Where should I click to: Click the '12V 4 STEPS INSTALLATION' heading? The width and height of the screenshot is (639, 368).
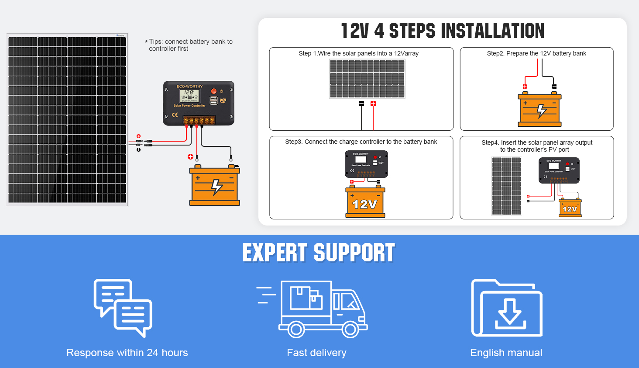(x=442, y=31)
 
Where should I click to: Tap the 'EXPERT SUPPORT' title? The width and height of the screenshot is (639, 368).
(x=319, y=253)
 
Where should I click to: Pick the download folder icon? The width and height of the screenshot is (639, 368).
(x=507, y=308)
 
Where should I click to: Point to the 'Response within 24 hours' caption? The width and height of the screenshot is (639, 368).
(x=127, y=353)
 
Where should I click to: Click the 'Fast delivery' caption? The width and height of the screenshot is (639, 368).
(x=316, y=353)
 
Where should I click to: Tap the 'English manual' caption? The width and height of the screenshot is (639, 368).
(x=506, y=353)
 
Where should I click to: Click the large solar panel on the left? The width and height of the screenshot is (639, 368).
(x=67, y=120)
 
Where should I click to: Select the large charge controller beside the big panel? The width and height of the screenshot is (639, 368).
(x=199, y=103)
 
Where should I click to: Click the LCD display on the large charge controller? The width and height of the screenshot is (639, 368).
(x=189, y=95)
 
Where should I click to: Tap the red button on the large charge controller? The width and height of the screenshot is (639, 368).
(x=214, y=91)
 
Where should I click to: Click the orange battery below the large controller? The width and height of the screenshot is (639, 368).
(x=214, y=187)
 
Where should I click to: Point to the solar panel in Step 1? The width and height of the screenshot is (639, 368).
(x=367, y=79)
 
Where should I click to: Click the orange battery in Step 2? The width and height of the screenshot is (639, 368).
(x=539, y=111)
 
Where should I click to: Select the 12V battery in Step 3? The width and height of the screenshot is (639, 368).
(x=365, y=203)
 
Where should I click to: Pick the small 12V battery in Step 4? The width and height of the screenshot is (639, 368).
(x=570, y=208)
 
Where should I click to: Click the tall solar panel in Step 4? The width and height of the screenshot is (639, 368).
(x=506, y=186)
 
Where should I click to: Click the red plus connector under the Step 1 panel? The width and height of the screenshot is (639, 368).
(x=373, y=104)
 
